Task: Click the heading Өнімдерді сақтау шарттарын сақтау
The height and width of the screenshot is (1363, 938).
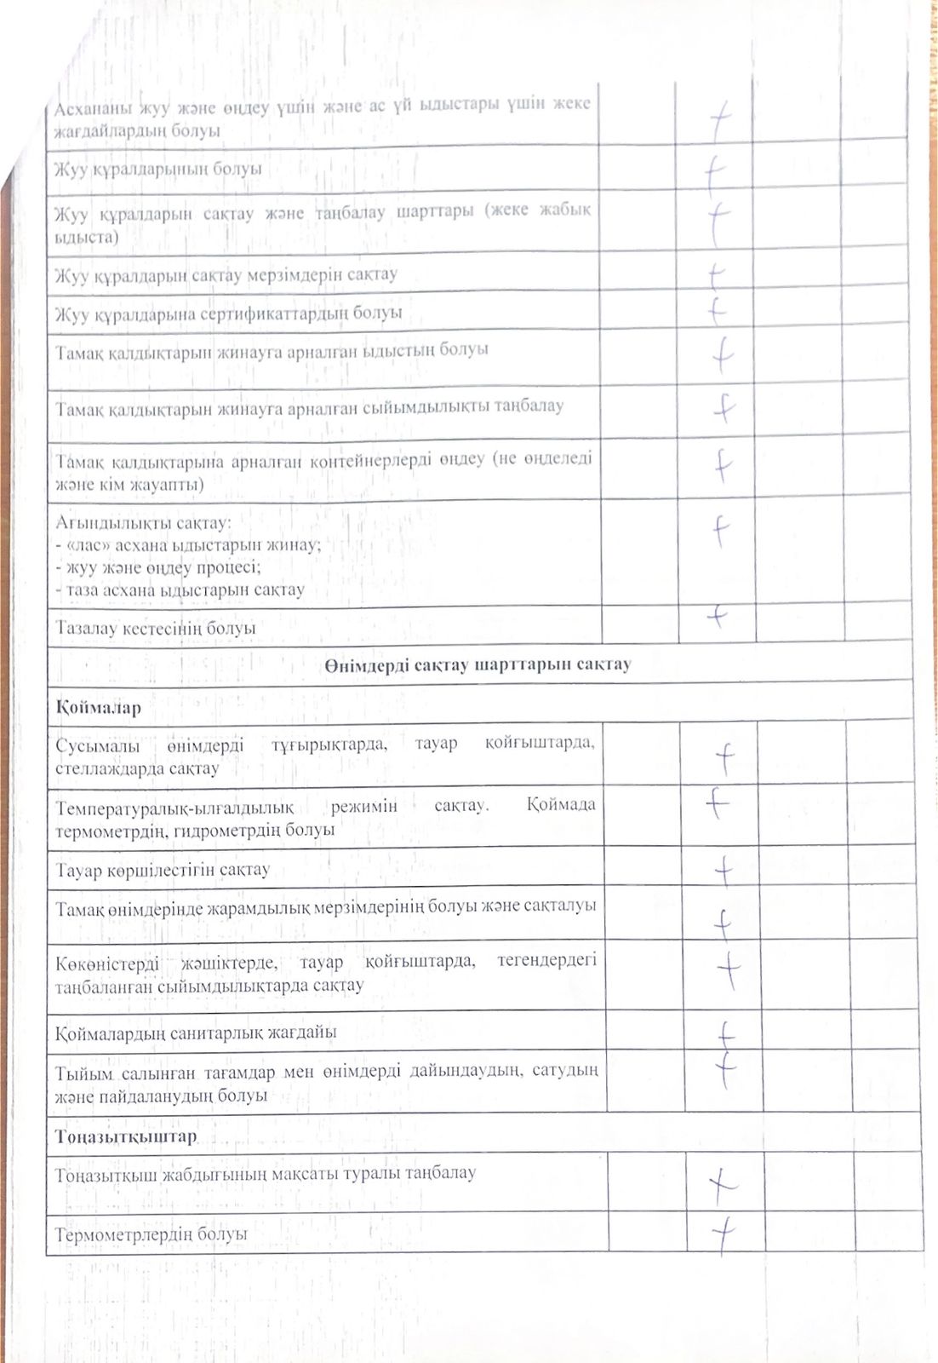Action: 478,664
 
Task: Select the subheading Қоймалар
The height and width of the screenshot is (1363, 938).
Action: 99,708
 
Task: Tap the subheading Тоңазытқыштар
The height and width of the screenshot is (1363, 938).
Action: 126,1136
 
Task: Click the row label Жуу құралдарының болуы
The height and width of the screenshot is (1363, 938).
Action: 158,169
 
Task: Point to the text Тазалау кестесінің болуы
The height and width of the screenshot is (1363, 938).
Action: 156,628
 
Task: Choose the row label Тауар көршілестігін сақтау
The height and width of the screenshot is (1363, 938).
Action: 163,870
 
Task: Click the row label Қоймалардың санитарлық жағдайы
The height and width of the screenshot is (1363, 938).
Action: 196,1032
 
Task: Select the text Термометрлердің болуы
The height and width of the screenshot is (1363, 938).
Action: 152,1234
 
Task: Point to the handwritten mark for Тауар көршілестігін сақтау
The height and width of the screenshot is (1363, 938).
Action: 724,871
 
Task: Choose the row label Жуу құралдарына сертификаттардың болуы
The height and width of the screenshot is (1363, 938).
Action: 228,313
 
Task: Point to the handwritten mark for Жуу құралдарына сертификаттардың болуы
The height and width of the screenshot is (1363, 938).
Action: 716,312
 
